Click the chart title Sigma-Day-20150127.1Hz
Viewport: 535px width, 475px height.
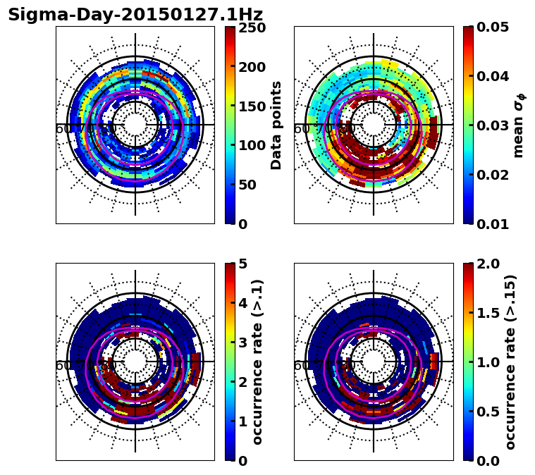(135, 15)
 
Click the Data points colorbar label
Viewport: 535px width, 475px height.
(277, 125)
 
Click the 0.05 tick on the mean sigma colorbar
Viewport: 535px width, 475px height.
(495, 28)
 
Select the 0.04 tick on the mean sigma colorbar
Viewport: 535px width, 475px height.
(495, 77)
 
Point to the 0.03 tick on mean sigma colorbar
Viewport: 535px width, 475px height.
(495, 125)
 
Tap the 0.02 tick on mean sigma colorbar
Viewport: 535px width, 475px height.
(495, 175)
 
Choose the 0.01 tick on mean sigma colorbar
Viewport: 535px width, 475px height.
(495, 223)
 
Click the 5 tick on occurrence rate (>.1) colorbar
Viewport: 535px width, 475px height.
(243, 264)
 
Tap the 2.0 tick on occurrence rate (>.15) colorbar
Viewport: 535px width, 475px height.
(490, 264)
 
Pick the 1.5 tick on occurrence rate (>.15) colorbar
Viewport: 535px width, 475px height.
(490, 313)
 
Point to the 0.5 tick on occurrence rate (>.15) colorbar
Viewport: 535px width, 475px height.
(490, 411)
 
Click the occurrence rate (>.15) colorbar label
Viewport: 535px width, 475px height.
(511, 362)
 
